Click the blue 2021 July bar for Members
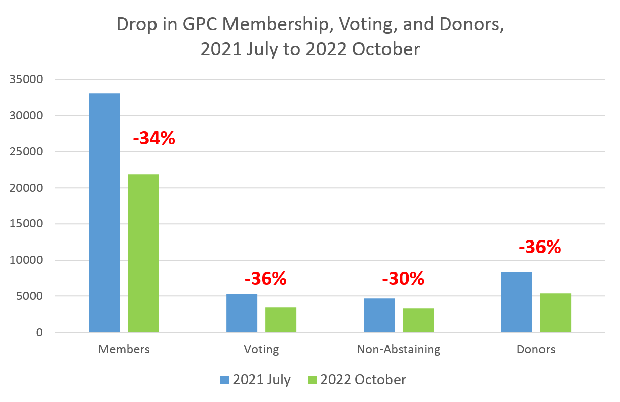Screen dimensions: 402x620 point(104,212)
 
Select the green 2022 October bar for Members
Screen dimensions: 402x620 point(143,253)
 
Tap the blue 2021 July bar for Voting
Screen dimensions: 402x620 point(242,312)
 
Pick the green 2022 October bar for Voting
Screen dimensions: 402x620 point(281,319)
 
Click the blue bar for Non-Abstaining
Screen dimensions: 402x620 point(379,315)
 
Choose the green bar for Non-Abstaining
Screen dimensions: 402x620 point(418,320)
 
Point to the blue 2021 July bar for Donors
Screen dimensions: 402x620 point(516,301)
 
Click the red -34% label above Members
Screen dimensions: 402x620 point(154,138)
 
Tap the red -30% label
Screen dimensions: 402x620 point(403,278)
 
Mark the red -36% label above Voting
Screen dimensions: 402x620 point(265,278)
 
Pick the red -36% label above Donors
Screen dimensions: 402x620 point(539,247)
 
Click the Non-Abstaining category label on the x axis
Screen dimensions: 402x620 point(399,349)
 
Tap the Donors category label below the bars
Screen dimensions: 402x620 point(536,349)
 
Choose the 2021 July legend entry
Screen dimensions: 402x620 point(256,379)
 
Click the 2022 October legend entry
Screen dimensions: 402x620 point(357,379)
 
